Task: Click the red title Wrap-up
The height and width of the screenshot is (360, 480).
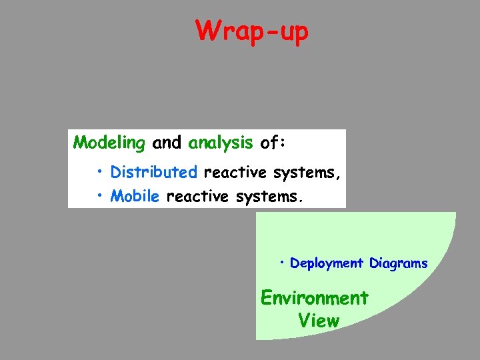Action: [252, 31]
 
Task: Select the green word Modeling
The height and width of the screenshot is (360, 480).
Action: [109, 142]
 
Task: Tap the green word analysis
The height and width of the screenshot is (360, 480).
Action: [221, 142]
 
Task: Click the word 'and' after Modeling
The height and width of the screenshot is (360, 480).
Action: [167, 142]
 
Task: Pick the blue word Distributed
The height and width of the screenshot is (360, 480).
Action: [154, 172]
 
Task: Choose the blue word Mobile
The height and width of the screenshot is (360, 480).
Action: [135, 196]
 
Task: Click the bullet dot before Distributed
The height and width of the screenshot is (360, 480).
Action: [99, 172]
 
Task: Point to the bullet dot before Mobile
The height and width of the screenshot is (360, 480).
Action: [99, 196]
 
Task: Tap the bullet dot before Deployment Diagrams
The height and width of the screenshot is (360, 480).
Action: [283, 262]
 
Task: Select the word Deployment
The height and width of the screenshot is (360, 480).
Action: [327, 263]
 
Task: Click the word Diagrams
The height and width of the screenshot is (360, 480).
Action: [398, 263]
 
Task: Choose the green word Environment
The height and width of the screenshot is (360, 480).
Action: [314, 297]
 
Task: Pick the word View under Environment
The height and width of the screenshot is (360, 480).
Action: [319, 321]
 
